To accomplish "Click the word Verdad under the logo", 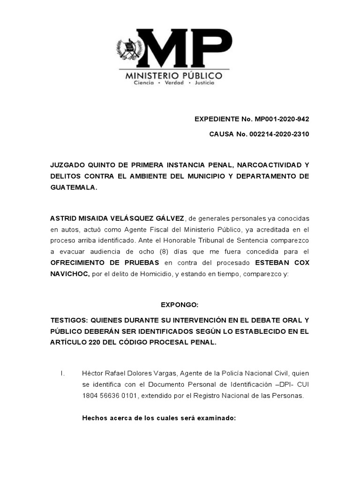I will [173, 82].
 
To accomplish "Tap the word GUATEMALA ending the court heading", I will [74, 187].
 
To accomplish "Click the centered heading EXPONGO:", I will [180, 305].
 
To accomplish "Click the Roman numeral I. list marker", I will [62, 373].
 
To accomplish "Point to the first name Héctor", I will [92, 373].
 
